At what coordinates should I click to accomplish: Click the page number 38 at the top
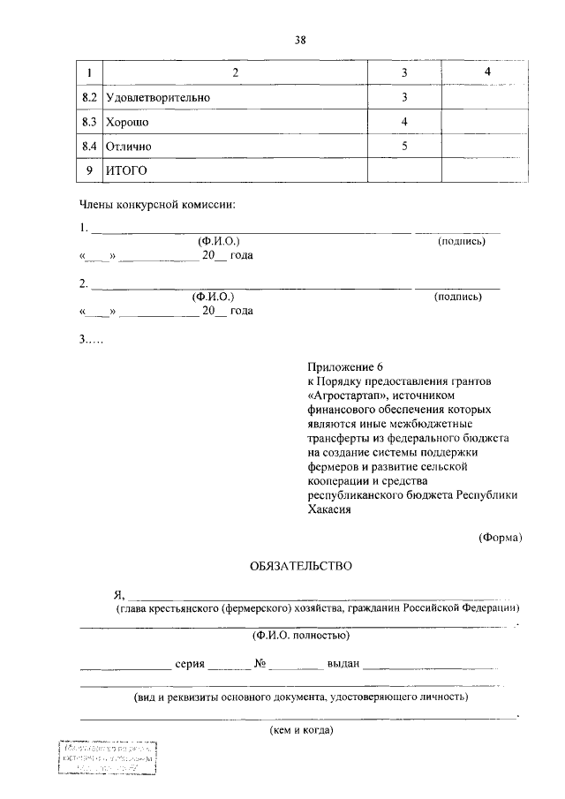point(299,39)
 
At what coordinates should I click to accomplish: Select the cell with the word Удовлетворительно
point(158,96)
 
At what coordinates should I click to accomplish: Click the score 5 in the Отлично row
point(403,146)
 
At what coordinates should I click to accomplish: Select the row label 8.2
point(88,96)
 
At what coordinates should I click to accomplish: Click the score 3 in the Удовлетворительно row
point(403,96)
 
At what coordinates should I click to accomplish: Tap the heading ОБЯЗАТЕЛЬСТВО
point(300,565)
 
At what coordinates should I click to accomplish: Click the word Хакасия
point(329,509)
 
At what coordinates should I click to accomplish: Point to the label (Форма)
point(501,536)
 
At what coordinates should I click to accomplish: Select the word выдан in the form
point(342,665)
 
